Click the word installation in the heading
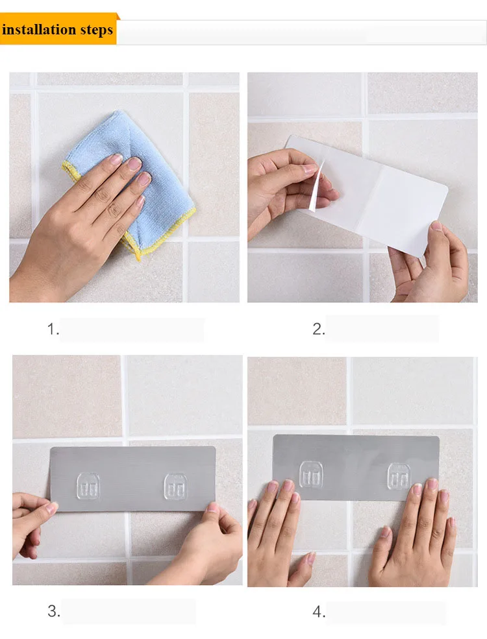(39, 30)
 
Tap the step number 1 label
(53, 329)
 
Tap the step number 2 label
(319, 329)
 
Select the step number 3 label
(53, 611)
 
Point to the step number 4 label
(319, 612)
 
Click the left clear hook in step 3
(88, 486)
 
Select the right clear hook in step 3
(175, 486)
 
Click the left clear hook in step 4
(311, 474)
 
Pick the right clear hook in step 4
(399, 476)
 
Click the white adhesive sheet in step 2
(367, 196)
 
